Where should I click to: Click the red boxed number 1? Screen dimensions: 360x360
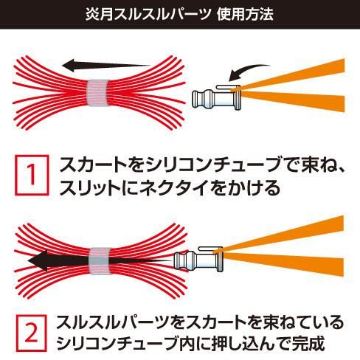tap(32, 175)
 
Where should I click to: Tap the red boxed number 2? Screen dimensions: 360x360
tap(31, 333)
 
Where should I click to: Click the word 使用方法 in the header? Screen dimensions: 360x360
tap(245, 14)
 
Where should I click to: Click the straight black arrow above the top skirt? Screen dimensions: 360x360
tap(106, 65)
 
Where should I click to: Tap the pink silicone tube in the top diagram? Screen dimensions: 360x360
tap(97, 93)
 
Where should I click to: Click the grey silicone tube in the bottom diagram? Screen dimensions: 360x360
tap(100, 261)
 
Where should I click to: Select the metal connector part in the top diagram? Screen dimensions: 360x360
tap(216, 97)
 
